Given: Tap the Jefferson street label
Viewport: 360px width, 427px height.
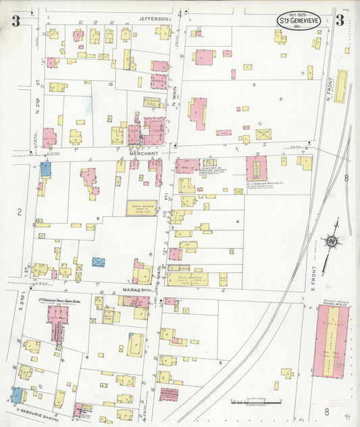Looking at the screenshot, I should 153,19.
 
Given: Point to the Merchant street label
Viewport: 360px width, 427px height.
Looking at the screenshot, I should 143,154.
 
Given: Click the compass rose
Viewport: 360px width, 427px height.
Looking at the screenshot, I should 332,241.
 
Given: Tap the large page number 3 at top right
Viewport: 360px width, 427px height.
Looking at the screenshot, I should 340,20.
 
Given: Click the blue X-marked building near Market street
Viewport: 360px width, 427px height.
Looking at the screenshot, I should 99,261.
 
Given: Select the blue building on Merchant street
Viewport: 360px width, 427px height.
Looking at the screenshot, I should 45,169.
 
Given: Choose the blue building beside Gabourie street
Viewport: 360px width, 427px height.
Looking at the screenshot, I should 16,395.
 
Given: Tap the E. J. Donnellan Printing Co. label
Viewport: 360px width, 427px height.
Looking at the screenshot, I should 257,183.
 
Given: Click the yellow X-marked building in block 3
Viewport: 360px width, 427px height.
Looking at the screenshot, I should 263,134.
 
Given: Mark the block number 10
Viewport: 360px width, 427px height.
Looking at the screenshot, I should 110,84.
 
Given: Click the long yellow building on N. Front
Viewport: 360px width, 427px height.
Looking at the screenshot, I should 340,86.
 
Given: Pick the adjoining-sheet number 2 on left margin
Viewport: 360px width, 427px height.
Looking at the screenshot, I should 20,212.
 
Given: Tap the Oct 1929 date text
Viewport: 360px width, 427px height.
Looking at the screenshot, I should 297,14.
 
